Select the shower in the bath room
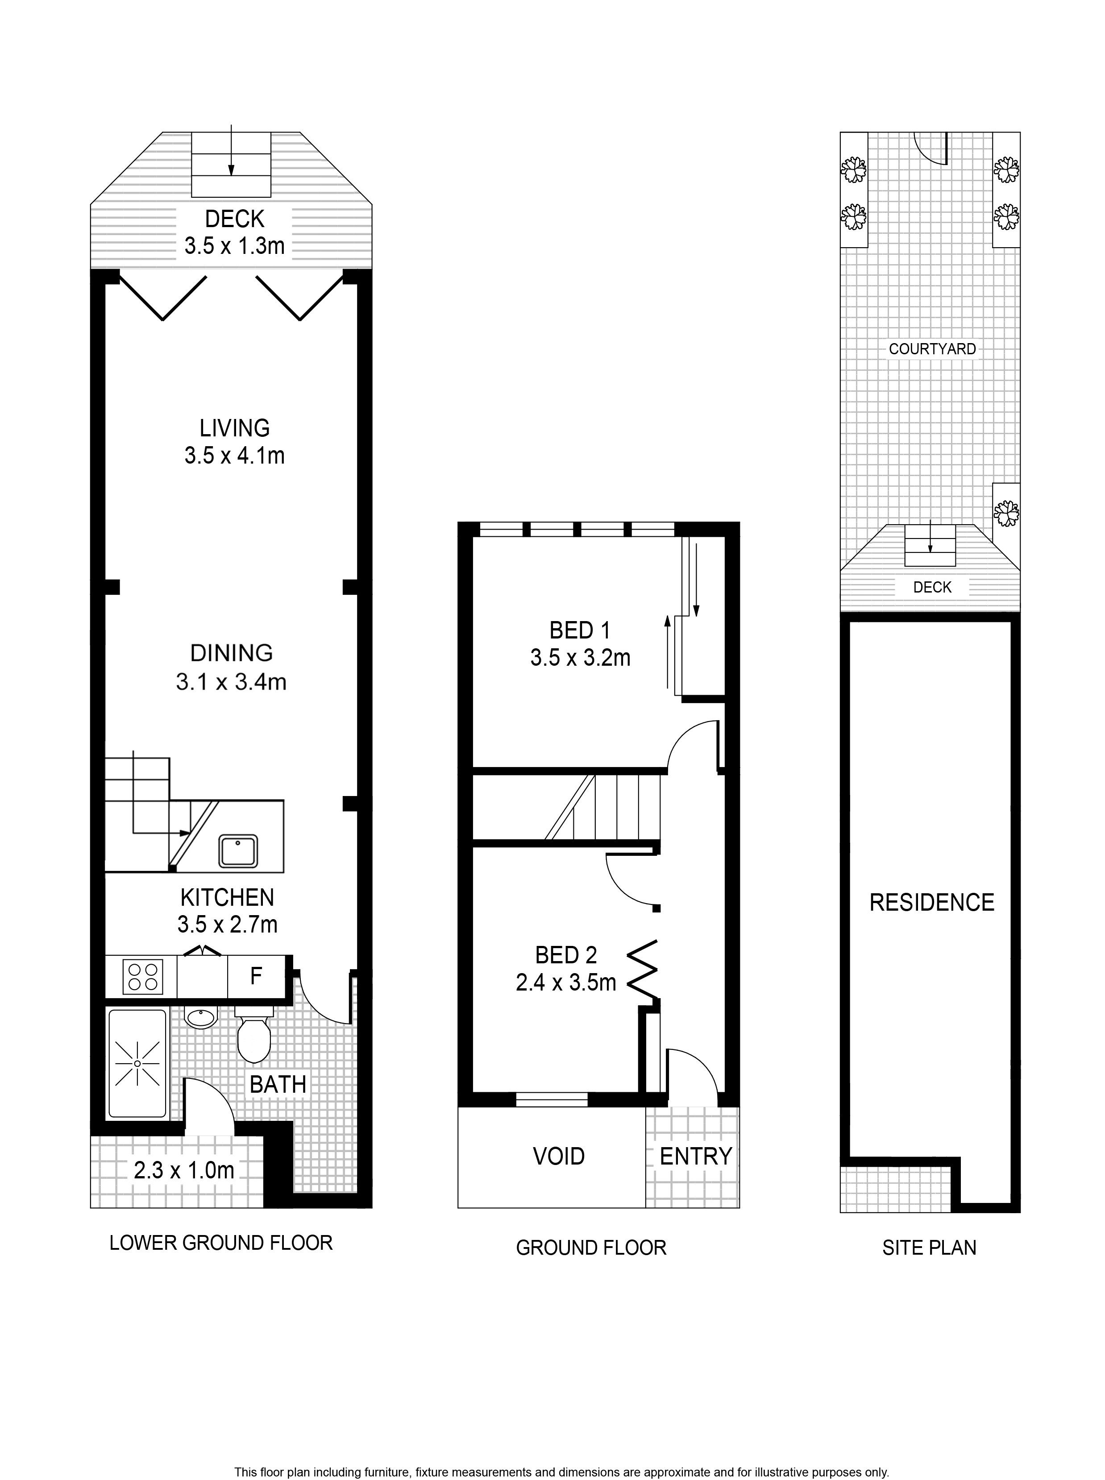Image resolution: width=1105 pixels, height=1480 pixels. point(137,1063)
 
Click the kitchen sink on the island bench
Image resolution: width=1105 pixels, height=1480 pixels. point(238,851)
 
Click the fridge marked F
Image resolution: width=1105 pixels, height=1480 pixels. point(256,976)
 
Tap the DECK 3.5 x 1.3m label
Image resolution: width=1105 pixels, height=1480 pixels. point(235,232)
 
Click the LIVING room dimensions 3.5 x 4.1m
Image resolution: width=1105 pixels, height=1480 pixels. point(235,456)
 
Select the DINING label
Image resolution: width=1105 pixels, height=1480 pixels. point(232,653)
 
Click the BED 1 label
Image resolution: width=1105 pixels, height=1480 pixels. point(580,630)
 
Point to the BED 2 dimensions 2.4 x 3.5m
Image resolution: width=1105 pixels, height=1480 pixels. point(566,983)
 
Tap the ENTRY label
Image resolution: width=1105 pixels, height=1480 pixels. point(696,1156)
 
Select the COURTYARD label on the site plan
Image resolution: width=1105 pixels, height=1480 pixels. point(932,348)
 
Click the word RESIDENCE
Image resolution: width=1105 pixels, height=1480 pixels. point(932,902)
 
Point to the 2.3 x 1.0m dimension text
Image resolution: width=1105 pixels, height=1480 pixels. point(184,1170)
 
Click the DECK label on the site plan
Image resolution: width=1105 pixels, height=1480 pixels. point(932,587)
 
